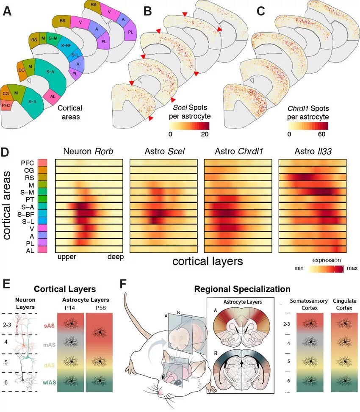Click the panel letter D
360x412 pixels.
point(7,152)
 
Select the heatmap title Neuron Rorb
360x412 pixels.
point(89,152)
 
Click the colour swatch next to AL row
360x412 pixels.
point(42,250)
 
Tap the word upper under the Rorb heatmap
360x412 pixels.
point(67,257)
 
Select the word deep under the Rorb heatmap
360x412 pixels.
point(115,257)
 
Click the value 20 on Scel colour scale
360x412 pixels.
point(205,134)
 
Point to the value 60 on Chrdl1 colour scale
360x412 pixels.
point(321,134)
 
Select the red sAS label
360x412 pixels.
point(48,326)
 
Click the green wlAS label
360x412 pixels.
point(48,383)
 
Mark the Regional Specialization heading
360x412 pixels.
point(242,290)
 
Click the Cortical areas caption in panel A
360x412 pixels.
point(70,112)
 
